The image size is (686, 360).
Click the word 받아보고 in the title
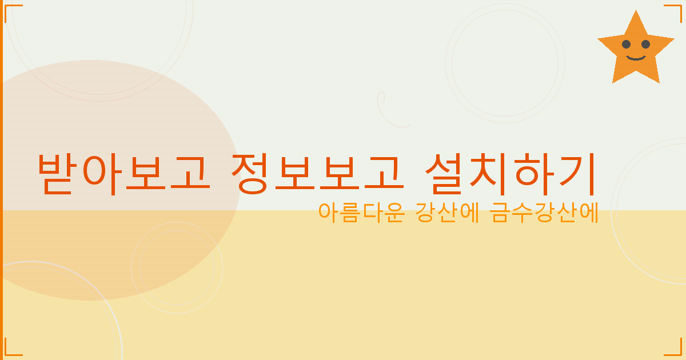122,173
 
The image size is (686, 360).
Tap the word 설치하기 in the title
512,173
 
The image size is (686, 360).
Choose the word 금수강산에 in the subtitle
544,213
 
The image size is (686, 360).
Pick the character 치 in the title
490,173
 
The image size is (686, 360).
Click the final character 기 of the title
577,173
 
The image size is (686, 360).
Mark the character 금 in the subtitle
501,213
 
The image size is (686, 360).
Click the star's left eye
626,45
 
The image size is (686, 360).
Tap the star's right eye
645,45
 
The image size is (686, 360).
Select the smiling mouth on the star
636,57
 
